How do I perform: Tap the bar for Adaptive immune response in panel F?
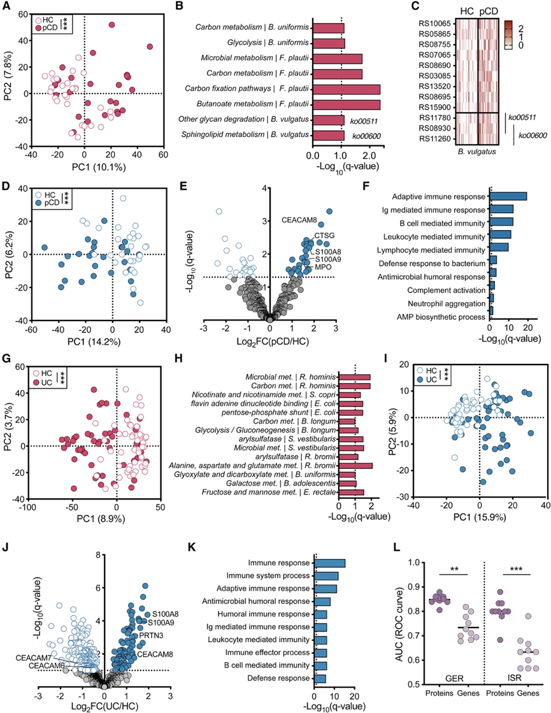click(x=508, y=196)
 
